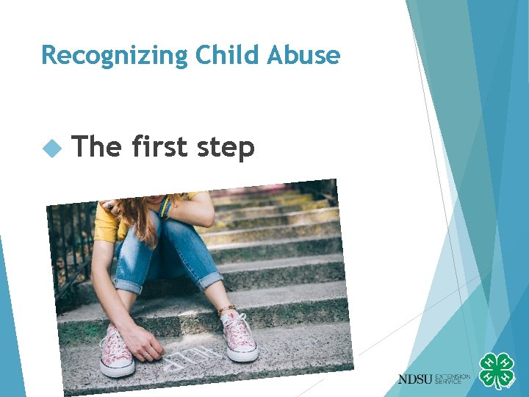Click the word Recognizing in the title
pyautogui.click(x=104, y=56)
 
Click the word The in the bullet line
pyautogui.click(x=98, y=147)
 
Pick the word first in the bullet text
pyautogui.click(x=159, y=147)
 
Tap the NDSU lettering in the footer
pyautogui.click(x=415, y=379)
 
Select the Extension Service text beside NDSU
pyautogui.click(x=453, y=379)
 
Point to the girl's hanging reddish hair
pyautogui.click(x=140, y=217)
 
